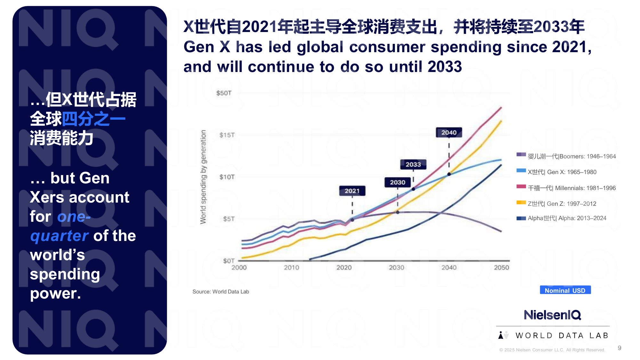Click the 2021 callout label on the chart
[x=352, y=191]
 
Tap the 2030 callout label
[x=397, y=182]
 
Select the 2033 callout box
[x=413, y=164]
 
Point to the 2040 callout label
[x=449, y=132]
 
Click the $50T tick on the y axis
[x=224, y=93]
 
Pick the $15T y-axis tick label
[x=227, y=135]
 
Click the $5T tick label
[x=228, y=219]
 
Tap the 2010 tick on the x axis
[x=291, y=268]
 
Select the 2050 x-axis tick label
[x=501, y=268]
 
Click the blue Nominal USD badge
[x=565, y=290]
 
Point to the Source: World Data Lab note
[x=220, y=292]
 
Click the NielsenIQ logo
[x=552, y=315]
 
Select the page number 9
[x=620, y=348]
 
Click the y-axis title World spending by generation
[x=203, y=177]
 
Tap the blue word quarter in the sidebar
[x=59, y=236]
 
